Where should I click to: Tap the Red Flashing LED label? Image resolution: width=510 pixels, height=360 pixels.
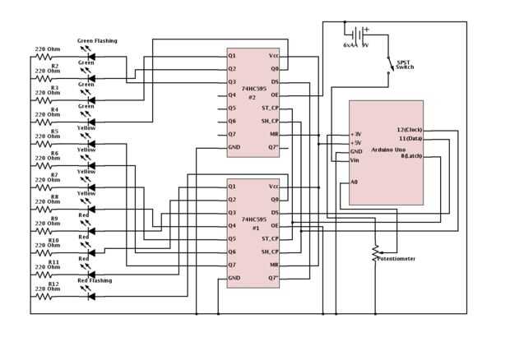pos(95,280)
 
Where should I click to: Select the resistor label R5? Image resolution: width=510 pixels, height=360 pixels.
pos(55,131)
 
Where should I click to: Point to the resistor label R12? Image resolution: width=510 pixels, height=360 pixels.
pos(55,284)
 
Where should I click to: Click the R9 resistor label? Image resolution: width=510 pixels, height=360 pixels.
pos(55,219)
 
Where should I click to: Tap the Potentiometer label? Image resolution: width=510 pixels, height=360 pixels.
pos(396,258)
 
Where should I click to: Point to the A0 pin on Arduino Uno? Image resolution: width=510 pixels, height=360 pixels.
pos(355,182)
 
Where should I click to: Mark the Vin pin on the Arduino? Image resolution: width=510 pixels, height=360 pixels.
pos(355,160)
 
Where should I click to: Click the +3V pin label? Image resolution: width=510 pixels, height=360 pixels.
pos(356,134)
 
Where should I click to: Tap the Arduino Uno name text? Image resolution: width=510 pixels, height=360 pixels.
pos(387,150)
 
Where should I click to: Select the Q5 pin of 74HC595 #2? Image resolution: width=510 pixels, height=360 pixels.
pos(233,108)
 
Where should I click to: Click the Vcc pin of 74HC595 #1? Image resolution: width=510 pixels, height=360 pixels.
pos(274,187)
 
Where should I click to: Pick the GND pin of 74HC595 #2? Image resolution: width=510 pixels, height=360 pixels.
pos(234,147)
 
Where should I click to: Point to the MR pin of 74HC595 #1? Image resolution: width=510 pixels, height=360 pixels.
pos(275,265)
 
